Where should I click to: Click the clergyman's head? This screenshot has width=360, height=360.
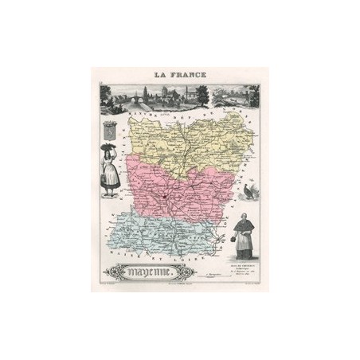click(x=244, y=209)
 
